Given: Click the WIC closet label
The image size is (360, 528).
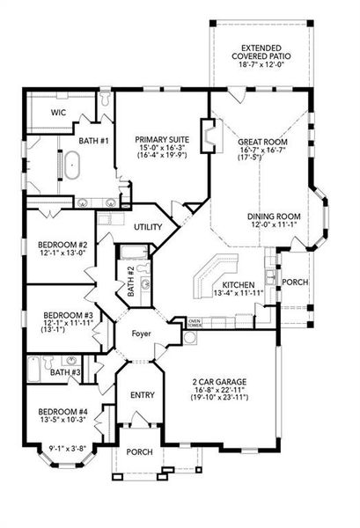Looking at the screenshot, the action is [x=58, y=112].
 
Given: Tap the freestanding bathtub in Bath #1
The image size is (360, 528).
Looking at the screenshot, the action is [x=72, y=165].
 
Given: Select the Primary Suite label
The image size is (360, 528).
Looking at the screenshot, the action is [x=162, y=139].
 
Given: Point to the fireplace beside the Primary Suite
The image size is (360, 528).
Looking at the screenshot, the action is [x=209, y=136].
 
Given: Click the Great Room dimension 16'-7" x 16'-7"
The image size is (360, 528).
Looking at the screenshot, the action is [x=262, y=150].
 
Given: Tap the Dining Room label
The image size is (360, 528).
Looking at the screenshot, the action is [x=274, y=216].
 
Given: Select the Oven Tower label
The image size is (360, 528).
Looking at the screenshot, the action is [x=195, y=323].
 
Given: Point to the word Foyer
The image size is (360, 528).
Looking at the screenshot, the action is [x=141, y=334].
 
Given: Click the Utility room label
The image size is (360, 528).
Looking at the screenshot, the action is [x=148, y=227].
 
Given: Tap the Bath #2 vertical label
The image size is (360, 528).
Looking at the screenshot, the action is [x=131, y=282].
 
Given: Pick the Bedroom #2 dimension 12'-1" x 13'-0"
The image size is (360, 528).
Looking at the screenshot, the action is [x=62, y=253].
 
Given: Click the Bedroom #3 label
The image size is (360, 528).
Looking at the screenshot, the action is [x=68, y=316].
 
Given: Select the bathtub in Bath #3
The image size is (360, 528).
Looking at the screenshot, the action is [x=34, y=369].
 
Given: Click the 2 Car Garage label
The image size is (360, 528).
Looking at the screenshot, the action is [x=219, y=382].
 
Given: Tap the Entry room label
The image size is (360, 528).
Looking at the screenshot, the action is [x=143, y=394].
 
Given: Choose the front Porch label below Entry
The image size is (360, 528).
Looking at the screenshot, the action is [x=139, y=452].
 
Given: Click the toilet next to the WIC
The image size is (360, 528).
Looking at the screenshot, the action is [x=106, y=98].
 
